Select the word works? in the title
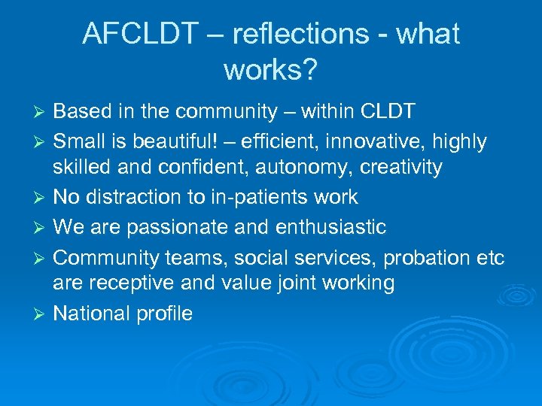(270, 70)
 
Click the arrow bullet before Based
(42, 113)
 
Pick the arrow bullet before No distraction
(42, 198)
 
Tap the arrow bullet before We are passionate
(42, 227)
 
